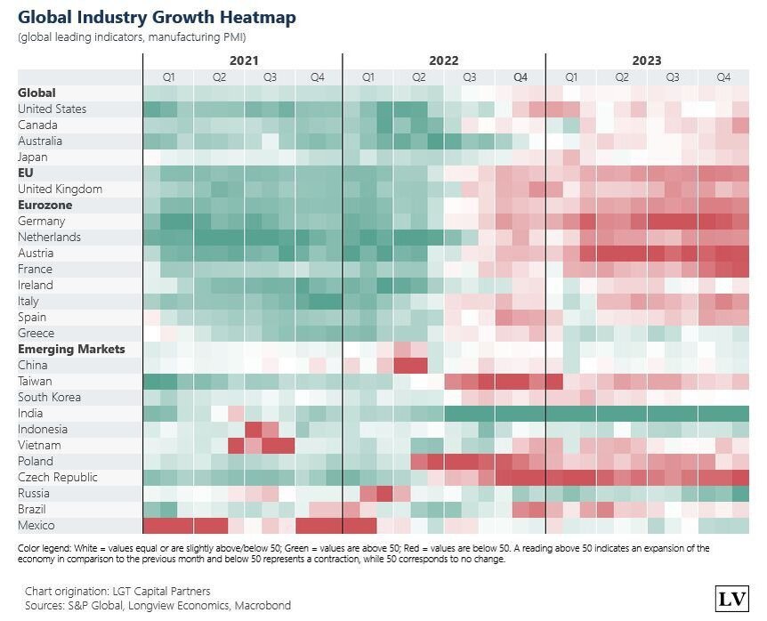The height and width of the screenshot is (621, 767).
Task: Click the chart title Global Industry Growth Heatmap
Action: [157, 18]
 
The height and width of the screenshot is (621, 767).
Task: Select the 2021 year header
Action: [244, 60]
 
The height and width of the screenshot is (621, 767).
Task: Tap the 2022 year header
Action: [443, 60]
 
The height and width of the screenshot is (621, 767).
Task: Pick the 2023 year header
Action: [647, 60]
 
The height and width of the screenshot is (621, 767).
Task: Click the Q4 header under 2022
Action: [521, 77]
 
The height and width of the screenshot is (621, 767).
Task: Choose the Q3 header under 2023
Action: [673, 77]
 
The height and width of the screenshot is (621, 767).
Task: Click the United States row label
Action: [52, 109]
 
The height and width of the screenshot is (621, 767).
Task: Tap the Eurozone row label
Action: [45, 205]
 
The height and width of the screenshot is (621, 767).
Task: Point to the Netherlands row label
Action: [49, 238]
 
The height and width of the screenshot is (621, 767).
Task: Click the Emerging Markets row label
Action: [71, 349]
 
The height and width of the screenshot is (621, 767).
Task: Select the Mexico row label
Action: [36, 526]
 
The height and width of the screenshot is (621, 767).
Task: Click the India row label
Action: [30, 414]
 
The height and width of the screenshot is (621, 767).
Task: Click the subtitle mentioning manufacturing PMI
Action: [132, 37]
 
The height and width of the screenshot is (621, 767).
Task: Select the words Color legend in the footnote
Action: [44, 549]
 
